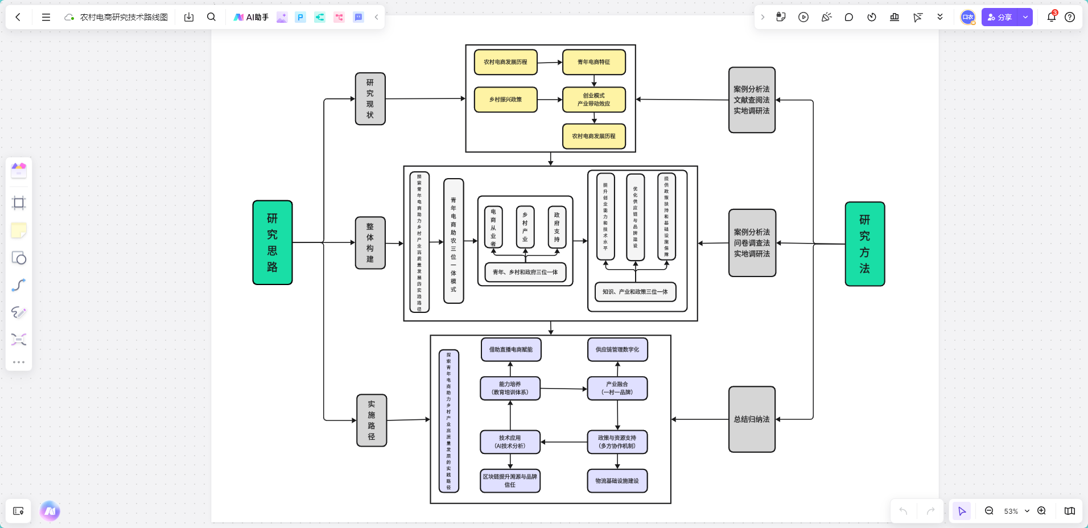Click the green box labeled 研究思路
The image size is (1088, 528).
click(272, 242)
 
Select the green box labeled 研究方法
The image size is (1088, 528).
click(864, 244)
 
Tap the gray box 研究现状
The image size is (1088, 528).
click(370, 99)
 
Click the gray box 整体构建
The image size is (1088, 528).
click(370, 243)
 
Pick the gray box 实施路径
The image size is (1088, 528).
click(371, 420)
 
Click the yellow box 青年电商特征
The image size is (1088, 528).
click(594, 62)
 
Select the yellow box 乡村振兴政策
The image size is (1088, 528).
click(505, 100)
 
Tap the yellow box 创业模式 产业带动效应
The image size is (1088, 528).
click(594, 100)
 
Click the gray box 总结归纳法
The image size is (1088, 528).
click(751, 419)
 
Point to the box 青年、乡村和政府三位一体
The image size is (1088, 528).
click(525, 272)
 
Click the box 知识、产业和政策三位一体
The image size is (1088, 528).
click(635, 292)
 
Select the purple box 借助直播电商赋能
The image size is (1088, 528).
click(510, 349)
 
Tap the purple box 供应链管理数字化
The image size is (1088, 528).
click(617, 349)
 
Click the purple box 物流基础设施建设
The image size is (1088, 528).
click(617, 481)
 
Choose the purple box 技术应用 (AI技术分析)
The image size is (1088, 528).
click(510, 442)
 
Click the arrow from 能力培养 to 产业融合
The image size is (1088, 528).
click(563, 389)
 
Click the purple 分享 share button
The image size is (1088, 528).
click(1000, 17)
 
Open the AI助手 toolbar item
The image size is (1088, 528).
click(251, 17)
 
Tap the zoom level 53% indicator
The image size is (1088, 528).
click(1011, 511)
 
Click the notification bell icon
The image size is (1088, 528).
click(1051, 17)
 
